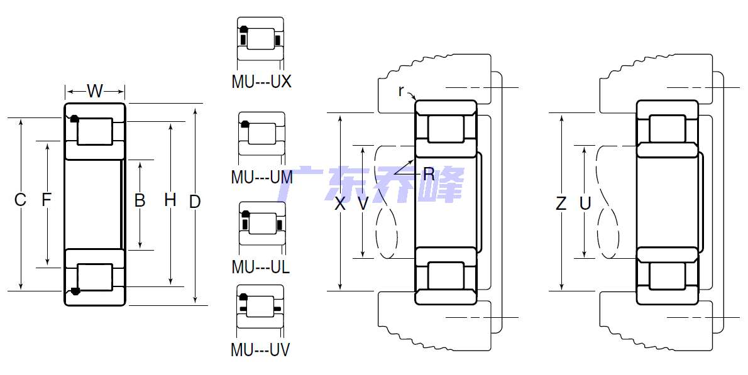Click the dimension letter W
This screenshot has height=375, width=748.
(x=95, y=90)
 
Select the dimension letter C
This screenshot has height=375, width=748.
(x=20, y=200)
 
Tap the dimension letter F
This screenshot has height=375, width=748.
(x=47, y=199)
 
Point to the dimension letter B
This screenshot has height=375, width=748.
(x=140, y=200)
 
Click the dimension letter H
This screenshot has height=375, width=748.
(x=170, y=200)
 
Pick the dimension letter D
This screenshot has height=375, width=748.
(x=195, y=202)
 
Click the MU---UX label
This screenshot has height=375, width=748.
(x=261, y=82)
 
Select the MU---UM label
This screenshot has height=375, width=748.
(x=261, y=177)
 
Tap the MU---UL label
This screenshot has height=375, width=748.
(x=260, y=267)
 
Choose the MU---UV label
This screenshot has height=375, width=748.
(x=260, y=350)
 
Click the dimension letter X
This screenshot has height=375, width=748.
(x=339, y=204)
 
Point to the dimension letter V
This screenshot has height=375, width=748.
(x=363, y=204)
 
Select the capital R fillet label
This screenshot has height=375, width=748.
(x=429, y=175)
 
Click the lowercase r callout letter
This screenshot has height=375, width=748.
(x=401, y=90)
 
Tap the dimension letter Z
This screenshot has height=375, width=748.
(x=561, y=204)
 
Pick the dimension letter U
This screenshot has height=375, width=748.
(x=585, y=204)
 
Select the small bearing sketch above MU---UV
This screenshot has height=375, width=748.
(x=260, y=307)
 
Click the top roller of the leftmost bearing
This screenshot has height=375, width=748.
(x=95, y=131)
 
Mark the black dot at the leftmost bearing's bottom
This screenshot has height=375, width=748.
(x=74, y=291)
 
